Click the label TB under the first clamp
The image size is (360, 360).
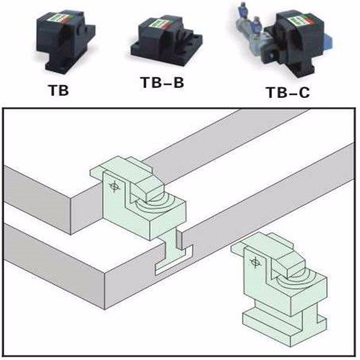tap(59, 91)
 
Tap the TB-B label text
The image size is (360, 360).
tap(163, 82)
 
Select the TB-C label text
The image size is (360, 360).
tap(288, 92)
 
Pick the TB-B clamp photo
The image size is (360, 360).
tap(166, 40)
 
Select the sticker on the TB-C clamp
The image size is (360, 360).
tap(298, 21)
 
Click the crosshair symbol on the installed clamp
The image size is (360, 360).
tap(114, 186)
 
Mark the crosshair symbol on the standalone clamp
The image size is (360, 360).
tap(255, 261)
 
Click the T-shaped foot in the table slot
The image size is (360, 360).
tap(174, 258)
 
